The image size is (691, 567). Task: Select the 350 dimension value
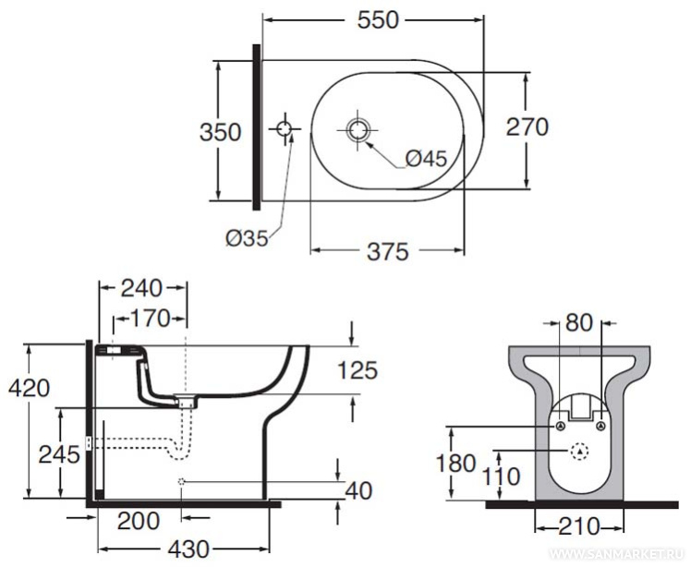coord(221,132)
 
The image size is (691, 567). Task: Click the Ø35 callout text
coord(247,238)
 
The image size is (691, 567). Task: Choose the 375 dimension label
coord(387,252)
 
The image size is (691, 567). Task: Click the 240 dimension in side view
coord(141,288)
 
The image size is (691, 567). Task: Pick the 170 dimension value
coord(149,320)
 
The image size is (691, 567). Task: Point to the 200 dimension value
coord(139,520)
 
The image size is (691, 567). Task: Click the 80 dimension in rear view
coord(579,323)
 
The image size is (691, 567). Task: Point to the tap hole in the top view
coord(285,128)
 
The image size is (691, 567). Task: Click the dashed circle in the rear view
coord(579,452)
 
